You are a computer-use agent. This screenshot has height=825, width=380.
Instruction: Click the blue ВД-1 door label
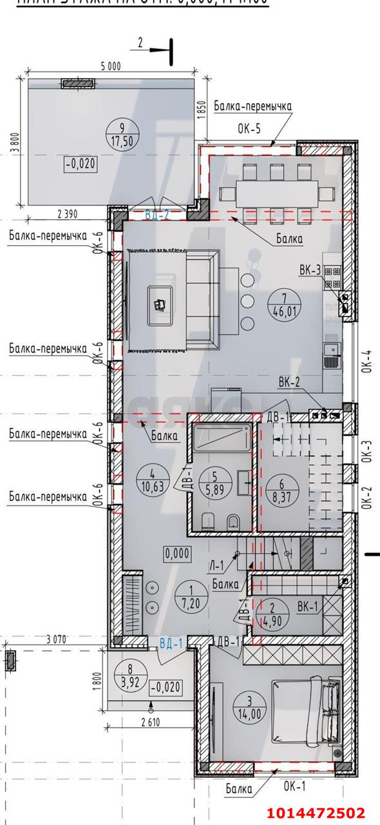point(172,643)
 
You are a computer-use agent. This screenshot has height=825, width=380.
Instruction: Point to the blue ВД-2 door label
point(157,215)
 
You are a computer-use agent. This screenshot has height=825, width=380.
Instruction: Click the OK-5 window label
point(249,128)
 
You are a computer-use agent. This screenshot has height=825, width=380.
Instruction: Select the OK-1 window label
point(295,786)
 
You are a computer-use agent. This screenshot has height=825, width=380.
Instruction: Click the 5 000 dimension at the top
point(110,66)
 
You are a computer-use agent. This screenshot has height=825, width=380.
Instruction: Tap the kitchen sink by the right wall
point(331,355)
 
